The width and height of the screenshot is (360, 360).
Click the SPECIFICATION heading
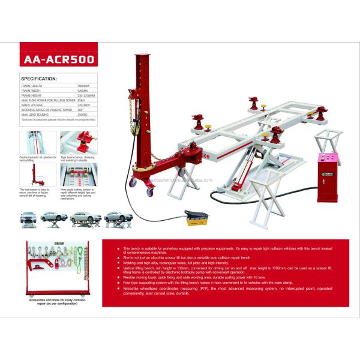(39, 79)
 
